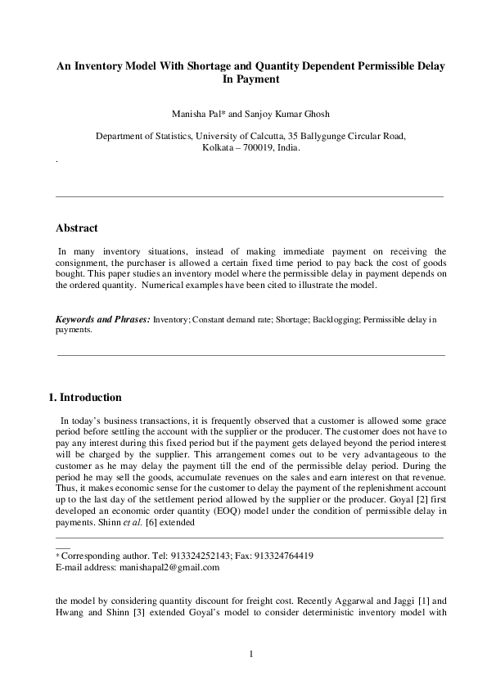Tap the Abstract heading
(x=76, y=228)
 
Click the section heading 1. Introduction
(x=86, y=398)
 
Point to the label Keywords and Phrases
(x=102, y=318)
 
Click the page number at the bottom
(x=252, y=652)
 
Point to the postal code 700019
(x=265, y=149)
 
